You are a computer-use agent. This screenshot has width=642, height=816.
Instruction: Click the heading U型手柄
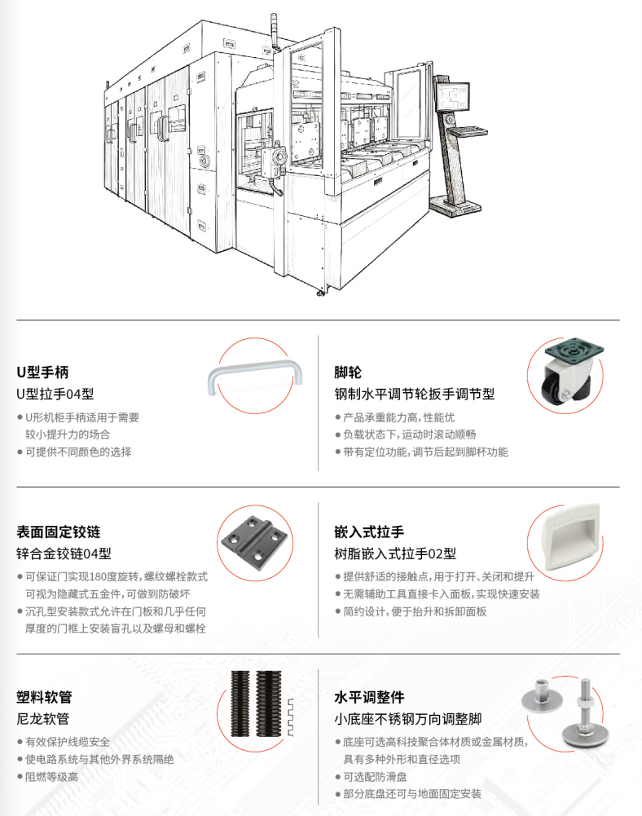(42, 372)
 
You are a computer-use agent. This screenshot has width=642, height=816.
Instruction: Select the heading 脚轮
(348, 372)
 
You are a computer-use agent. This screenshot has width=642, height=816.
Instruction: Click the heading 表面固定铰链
(59, 532)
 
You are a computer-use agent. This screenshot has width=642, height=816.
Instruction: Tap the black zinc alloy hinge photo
(254, 542)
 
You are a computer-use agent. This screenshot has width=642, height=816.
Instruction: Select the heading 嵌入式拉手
(369, 532)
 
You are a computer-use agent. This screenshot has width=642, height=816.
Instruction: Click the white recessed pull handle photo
(571, 537)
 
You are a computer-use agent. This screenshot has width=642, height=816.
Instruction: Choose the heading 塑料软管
(44, 697)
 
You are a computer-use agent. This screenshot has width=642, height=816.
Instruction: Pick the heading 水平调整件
(369, 697)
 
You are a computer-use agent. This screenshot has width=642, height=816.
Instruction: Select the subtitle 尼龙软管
(42, 719)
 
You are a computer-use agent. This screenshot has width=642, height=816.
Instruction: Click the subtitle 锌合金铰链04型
(64, 554)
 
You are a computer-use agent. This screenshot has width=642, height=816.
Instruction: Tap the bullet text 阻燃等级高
(51, 776)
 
